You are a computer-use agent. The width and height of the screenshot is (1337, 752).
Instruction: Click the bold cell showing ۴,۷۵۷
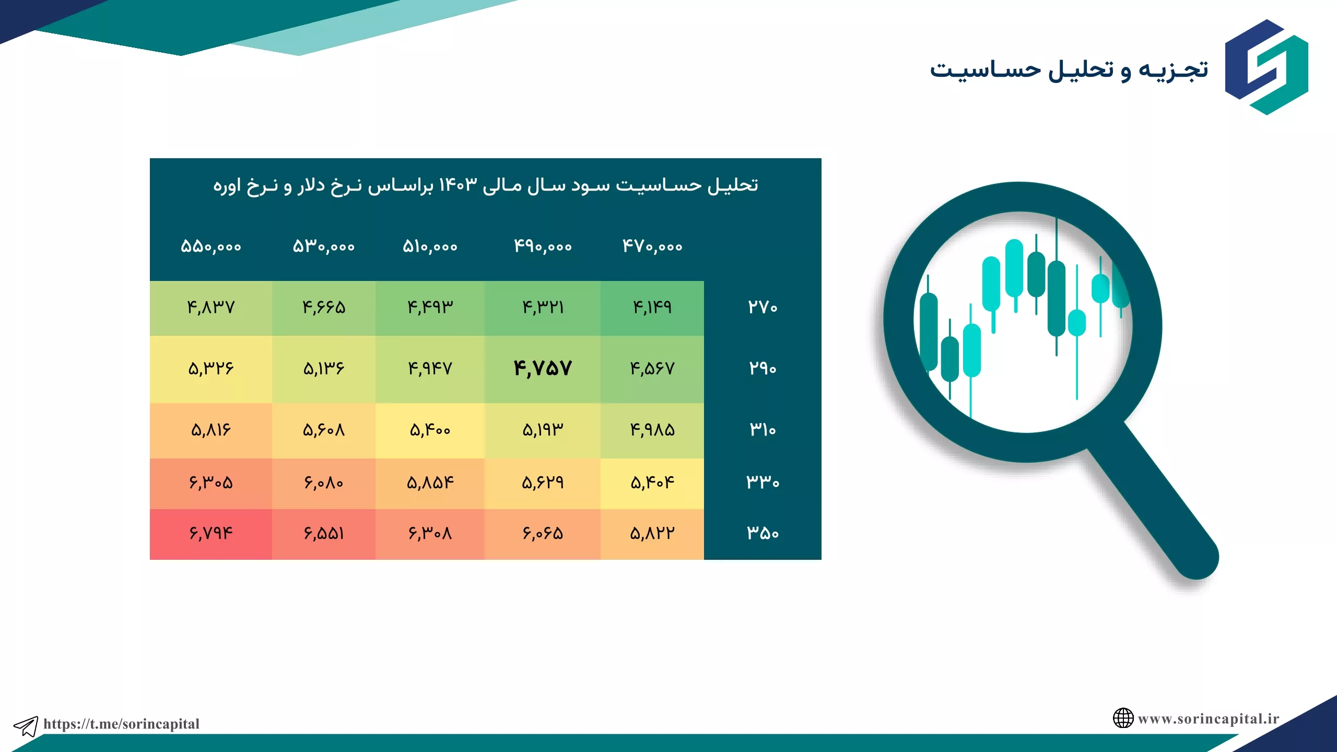coord(543,369)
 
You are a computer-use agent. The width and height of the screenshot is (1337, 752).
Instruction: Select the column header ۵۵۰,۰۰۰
coord(211,246)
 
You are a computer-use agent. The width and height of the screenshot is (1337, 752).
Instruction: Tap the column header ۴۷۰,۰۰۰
coord(652,246)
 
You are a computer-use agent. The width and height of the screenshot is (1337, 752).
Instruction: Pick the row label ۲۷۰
coord(763,307)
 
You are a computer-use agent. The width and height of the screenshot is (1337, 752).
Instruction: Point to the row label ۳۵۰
coord(763,533)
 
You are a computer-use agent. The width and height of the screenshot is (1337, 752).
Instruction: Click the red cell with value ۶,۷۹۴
coord(211,533)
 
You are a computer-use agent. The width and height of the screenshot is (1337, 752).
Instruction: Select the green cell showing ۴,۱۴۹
coord(652,307)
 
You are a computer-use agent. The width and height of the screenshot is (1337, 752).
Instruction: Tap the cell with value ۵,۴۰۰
coord(430,430)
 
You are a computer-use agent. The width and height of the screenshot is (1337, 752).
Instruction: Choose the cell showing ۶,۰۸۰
coord(323,483)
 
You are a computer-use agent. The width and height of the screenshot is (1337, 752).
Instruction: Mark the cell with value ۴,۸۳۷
coord(211,307)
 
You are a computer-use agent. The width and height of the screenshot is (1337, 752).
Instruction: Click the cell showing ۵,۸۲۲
coord(652,533)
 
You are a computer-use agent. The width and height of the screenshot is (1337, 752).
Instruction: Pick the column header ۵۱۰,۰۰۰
coord(430,246)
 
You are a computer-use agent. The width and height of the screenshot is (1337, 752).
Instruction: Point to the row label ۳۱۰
coord(763,430)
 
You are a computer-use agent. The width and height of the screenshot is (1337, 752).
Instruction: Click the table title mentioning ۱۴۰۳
coord(486,186)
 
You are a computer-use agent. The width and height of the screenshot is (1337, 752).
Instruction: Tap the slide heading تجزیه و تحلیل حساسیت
coord(1069,70)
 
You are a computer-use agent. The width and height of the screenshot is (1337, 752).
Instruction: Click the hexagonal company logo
coord(1266,67)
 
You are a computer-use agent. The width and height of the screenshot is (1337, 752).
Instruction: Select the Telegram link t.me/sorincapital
coord(121,724)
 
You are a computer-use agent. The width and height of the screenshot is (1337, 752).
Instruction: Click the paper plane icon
coord(26,726)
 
